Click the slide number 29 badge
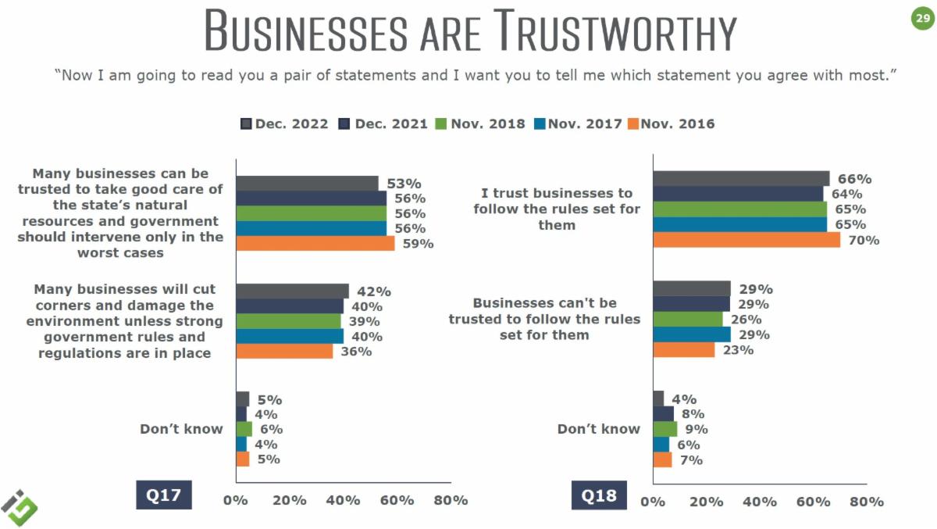coord(921,18)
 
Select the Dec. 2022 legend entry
coord(284,123)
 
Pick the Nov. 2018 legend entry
coord(480,123)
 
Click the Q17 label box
coord(163,495)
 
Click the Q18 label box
coord(599,495)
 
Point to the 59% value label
coord(418,244)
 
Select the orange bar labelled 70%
coord(746,240)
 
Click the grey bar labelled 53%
coord(307,184)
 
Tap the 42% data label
coord(374,291)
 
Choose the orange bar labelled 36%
coord(284,352)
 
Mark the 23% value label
coord(738,350)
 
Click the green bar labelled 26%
coord(688,320)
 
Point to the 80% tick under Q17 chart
coord(451,500)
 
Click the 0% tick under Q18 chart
coord(653,502)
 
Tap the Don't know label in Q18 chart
coord(598,429)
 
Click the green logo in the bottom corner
coord(20,507)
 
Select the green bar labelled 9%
coord(665,429)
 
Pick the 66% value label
coord(854,179)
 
